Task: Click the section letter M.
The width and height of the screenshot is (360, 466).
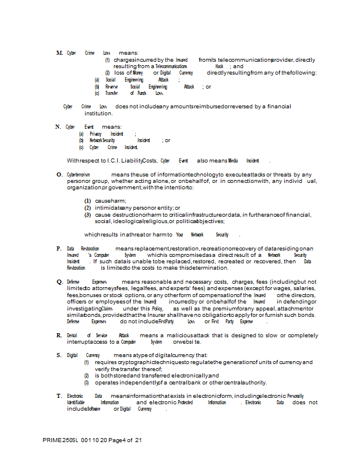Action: [x=59, y=53]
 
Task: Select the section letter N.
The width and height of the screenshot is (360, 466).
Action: [x=58, y=126]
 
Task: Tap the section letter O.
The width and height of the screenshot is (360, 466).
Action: [x=59, y=174]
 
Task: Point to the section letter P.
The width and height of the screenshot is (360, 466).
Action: [x=59, y=248]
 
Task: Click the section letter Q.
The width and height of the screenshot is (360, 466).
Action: [x=59, y=281]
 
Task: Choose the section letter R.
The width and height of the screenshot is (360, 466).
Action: [x=59, y=336]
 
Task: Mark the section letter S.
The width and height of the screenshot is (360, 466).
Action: [x=59, y=355]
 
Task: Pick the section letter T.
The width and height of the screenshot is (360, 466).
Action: [x=59, y=396]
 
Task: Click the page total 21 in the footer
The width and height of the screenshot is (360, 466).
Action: [x=138, y=440]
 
